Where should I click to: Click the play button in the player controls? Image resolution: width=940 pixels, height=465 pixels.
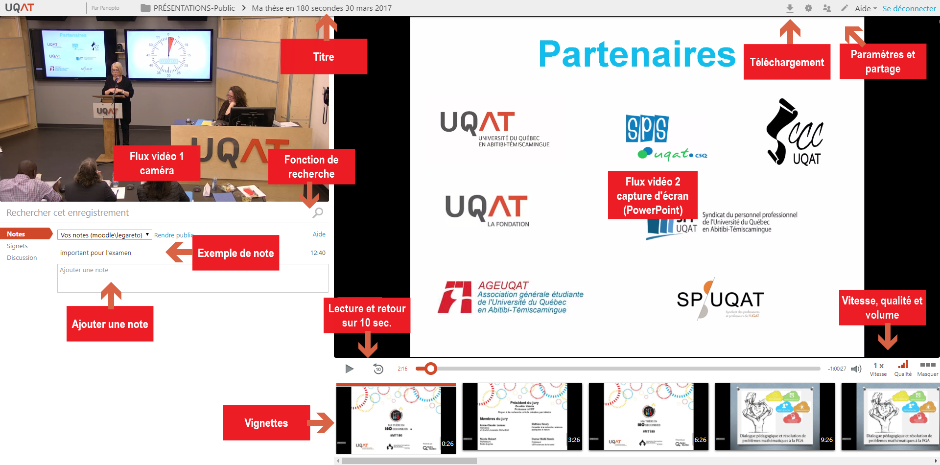349,369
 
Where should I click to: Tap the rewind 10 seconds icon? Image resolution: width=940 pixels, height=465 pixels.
378,369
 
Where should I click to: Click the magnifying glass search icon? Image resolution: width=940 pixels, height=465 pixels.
318,213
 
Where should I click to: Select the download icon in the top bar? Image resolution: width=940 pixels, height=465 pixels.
790,8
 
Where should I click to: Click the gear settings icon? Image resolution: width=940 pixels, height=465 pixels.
808,8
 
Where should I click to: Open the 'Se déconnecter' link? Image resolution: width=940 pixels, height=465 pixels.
909,8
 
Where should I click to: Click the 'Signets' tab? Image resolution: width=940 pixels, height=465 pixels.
17,246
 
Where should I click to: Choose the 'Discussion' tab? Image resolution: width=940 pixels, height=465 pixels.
22,258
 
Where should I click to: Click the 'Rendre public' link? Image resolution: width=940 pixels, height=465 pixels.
173,235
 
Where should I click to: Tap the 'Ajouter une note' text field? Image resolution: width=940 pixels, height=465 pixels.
192,279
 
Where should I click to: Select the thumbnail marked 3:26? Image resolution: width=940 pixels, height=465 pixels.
522,417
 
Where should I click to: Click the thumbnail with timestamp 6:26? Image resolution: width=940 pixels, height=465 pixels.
648,417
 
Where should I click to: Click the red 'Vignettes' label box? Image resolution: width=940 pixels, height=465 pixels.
266,423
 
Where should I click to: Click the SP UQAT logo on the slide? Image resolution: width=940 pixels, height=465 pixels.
720,299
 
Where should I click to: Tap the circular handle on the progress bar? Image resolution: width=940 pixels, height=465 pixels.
430,369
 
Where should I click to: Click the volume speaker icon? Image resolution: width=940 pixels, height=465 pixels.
856,369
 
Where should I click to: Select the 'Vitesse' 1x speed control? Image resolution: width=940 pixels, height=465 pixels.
878,369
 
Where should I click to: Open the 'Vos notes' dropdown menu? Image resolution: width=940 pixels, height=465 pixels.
105,235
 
